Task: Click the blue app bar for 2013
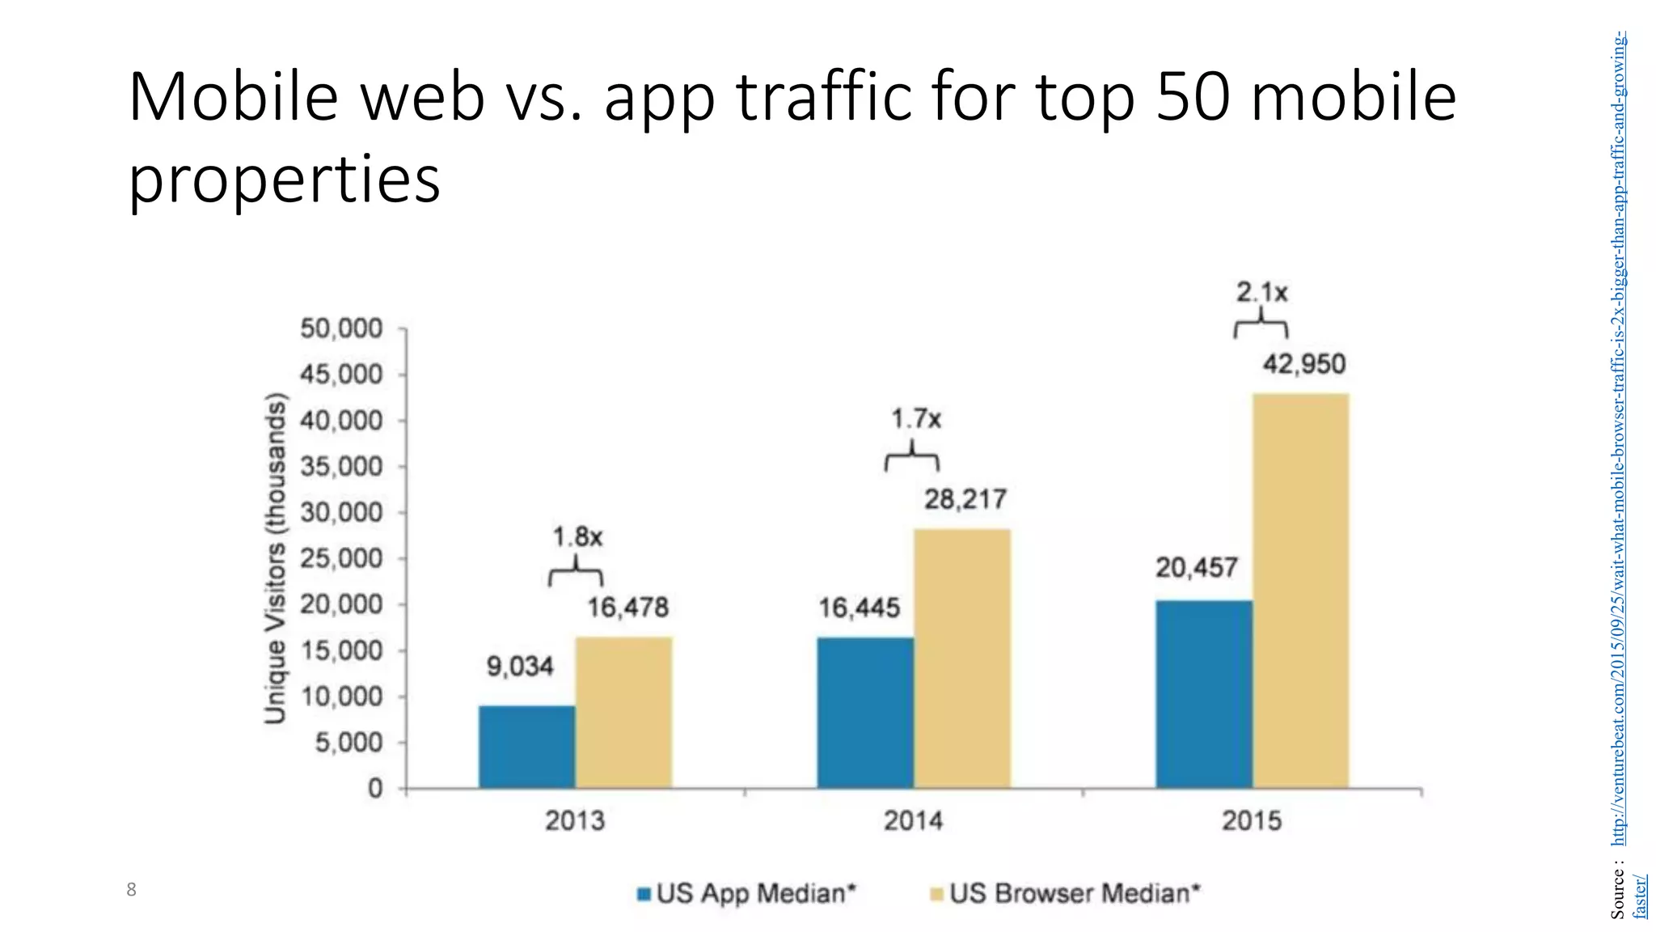coord(526,747)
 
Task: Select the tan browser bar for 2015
coord(1300,591)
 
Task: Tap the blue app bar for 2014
coord(865,712)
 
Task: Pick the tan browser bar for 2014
coord(961,659)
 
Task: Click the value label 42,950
coord(1303,364)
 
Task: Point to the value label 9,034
coord(519,667)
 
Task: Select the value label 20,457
coord(1196,568)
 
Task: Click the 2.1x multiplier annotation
coord(1261,292)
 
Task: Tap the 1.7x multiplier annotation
coord(915,419)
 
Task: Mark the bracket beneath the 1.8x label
coord(576,574)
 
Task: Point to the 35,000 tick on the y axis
coord(340,467)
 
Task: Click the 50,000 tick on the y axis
coord(340,329)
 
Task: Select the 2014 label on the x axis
coord(913,821)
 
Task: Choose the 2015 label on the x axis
coord(1251,821)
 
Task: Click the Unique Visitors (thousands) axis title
coord(276,558)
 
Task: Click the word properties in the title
coord(284,179)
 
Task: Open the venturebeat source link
coord(1619,437)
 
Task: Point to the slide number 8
coord(131,890)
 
